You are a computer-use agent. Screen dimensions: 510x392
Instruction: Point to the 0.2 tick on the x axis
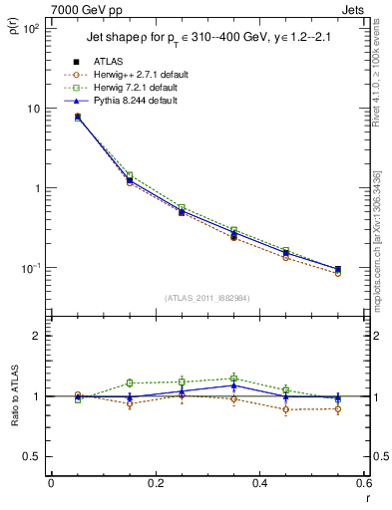click(x=155, y=484)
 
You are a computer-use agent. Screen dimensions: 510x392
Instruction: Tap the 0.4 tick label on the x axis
click(x=259, y=484)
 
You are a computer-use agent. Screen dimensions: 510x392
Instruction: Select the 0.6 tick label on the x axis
click(x=363, y=484)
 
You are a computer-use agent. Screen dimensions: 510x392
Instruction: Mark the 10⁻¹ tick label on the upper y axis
click(x=29, y=268)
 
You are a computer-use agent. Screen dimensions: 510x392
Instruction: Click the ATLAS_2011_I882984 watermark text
click(x=208, y=298)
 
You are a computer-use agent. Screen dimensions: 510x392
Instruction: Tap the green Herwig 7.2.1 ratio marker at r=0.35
click(x=233, y=379)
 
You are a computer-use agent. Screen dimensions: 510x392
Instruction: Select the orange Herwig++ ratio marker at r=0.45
click(x=286, y=409)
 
